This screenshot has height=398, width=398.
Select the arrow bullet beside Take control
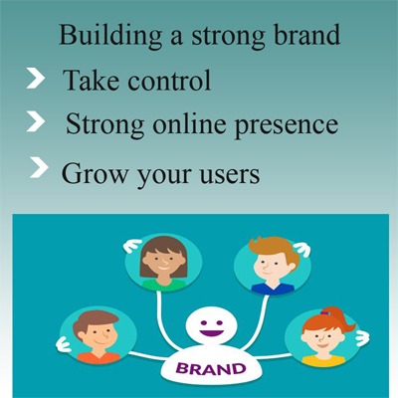tap(35, 79)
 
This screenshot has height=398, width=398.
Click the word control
tap(169, 81)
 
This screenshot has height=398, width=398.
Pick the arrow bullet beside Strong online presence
tap(36, 121)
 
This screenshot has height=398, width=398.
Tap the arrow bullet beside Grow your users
tap(39, 168)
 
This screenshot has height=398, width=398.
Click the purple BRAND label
tap(211, 369)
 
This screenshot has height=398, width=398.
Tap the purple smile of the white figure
tap(211, 331)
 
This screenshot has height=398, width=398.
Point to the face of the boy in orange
tap(98, 336)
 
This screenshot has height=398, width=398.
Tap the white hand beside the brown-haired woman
tap(132, 246)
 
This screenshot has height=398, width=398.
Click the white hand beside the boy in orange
tap(64, 344)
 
